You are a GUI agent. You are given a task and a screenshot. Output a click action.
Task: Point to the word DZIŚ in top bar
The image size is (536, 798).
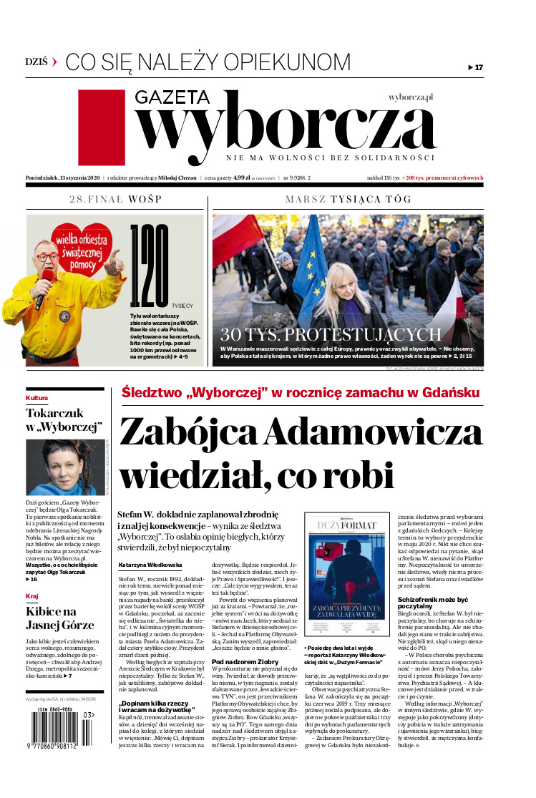point(36,62)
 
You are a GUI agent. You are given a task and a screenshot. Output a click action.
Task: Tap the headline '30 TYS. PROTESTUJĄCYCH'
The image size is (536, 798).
point(331,335)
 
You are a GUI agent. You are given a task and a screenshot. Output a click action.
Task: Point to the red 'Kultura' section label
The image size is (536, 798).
point(37,398)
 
